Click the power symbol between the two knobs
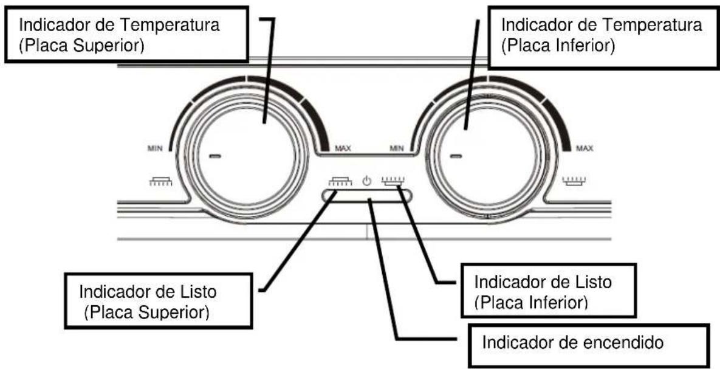tap(366, 181)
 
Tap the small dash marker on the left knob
tap(214, 156)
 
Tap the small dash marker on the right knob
tap(455, 156)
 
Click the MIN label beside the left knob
tap(155, 148)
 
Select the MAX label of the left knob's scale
tap(343, 148)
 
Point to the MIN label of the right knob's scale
tap(397, 148)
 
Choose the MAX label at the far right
tap(585, 148)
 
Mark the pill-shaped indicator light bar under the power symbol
tap(367, 196)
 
